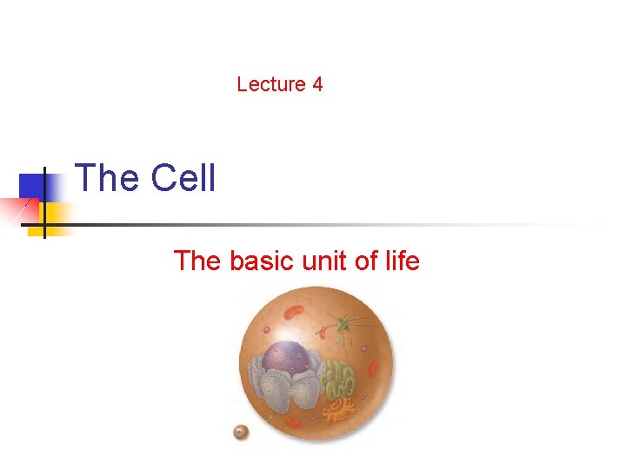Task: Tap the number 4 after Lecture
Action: click(317, 84)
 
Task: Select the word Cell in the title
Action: click(183, 178)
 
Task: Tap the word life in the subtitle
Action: click(402, 260)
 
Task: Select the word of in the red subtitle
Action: click(367, 260)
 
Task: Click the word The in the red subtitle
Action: click(197, 260)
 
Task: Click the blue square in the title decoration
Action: click(32, 184)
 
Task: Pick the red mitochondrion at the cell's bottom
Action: click(294, 422)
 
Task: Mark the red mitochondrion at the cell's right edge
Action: click(372, 368)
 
